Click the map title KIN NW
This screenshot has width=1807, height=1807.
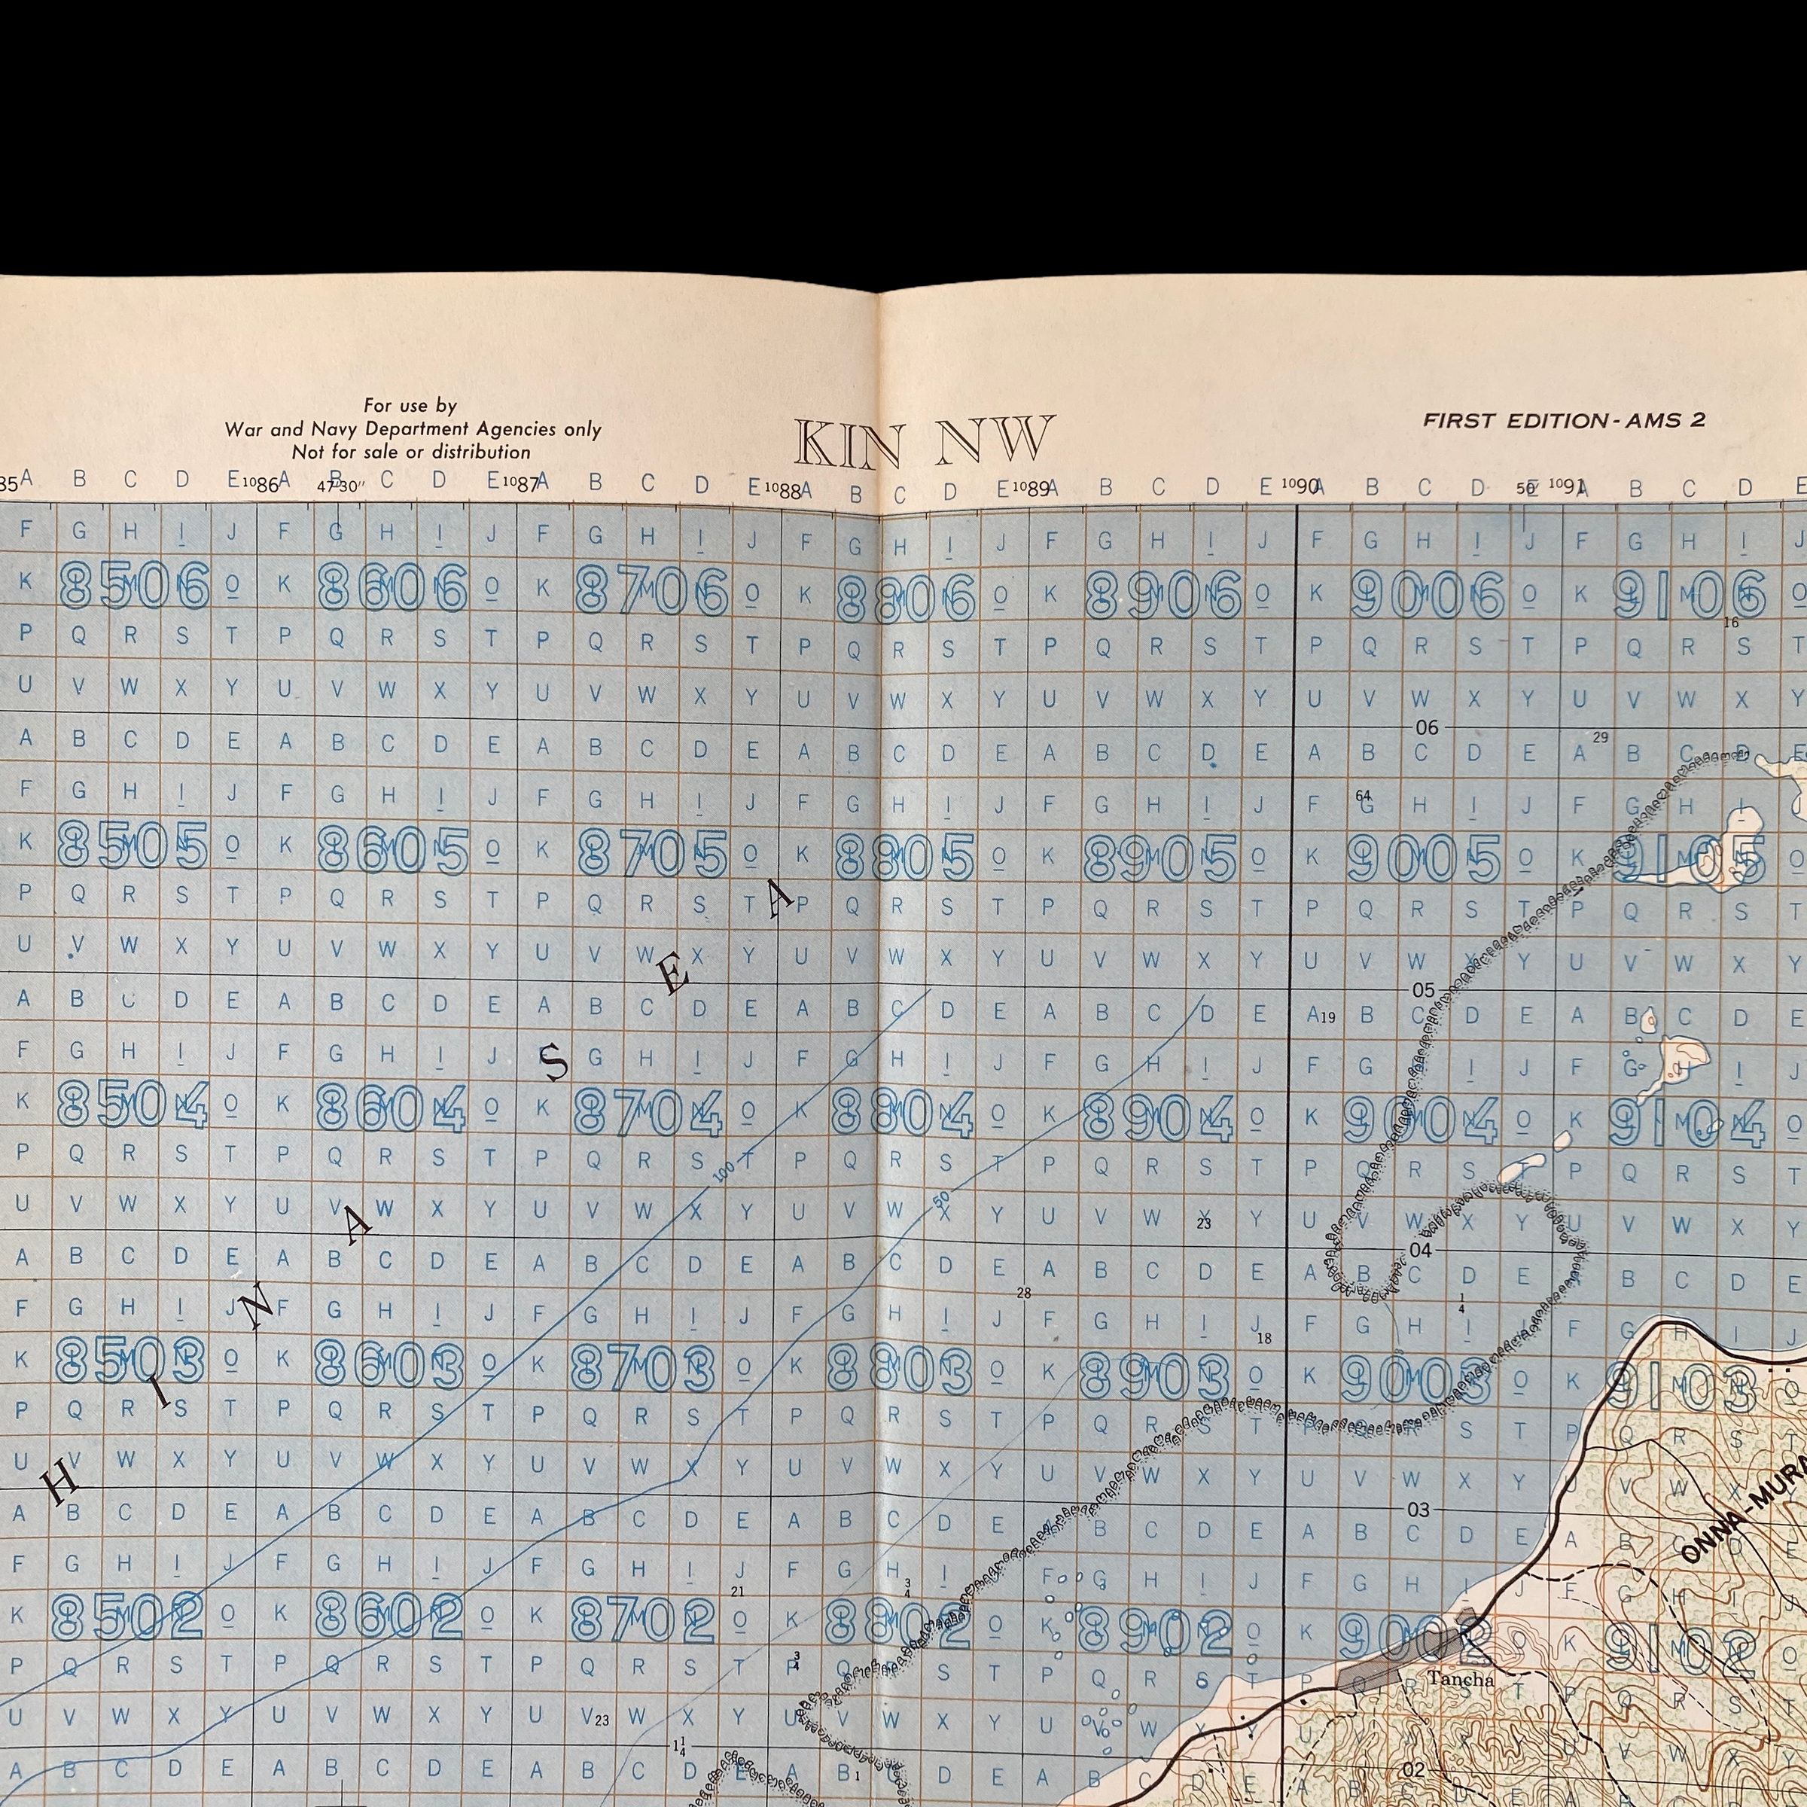coord(924,443)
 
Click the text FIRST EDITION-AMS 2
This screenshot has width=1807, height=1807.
coord(1564,421)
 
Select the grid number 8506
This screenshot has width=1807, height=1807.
coord(135,587)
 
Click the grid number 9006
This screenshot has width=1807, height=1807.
coord(1428,595)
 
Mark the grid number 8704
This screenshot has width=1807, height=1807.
coord(648,1113)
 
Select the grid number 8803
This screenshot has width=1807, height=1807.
coord(900,1371)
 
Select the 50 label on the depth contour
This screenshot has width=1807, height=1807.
coord(942,1198)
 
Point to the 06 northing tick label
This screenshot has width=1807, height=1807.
coord(1426,727)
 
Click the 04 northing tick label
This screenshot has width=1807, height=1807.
coord(1420,1251)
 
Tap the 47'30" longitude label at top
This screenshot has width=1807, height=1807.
coord(339,486)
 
